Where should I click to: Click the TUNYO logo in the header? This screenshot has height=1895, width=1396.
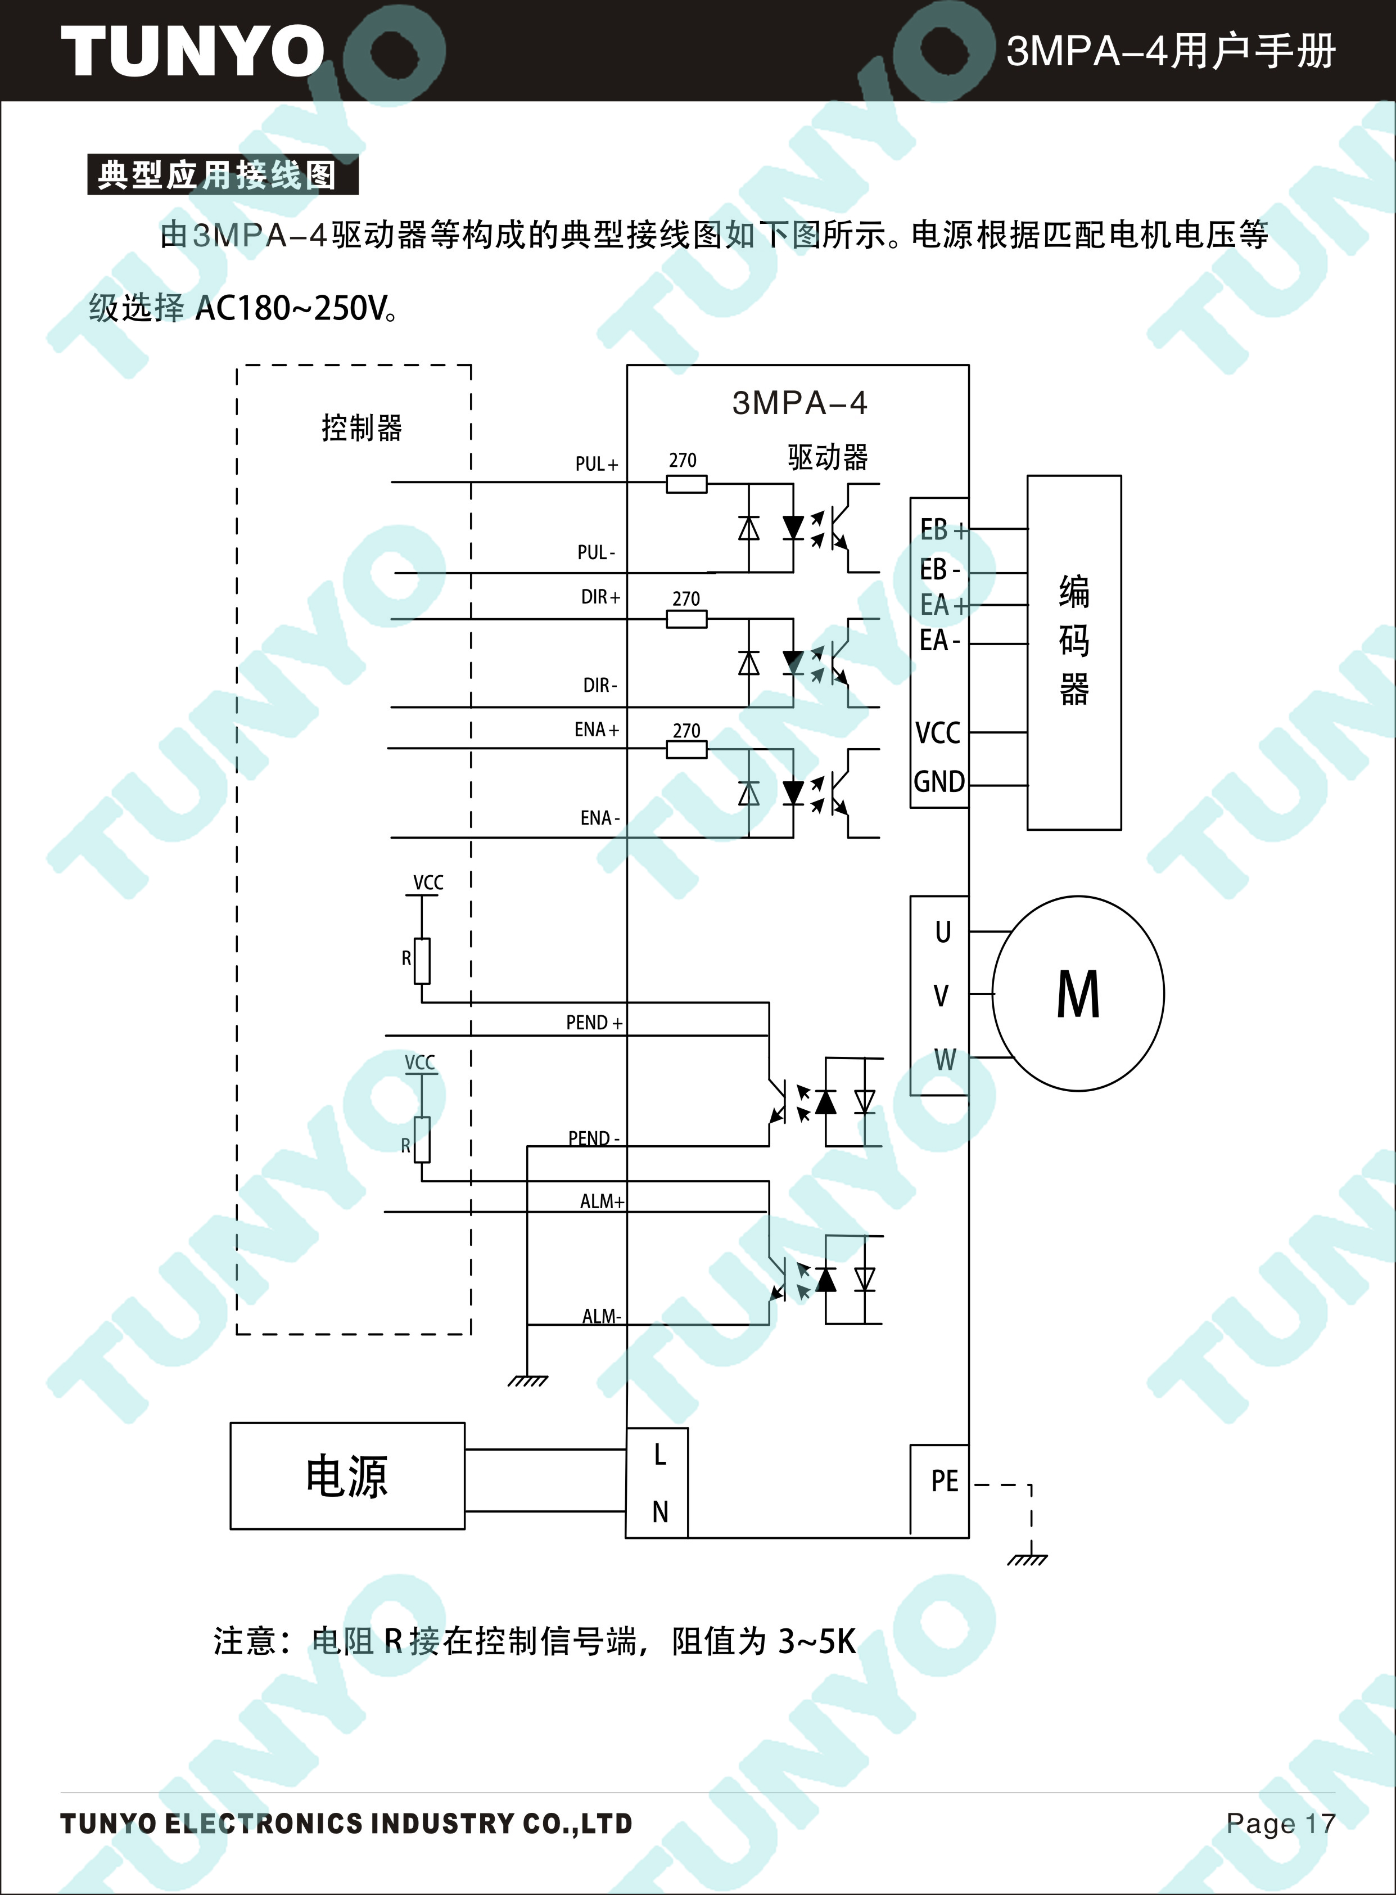[193, 51]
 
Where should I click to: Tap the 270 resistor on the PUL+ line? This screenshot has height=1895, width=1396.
[686, 484]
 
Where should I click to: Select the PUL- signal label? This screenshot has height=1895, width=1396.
[597, 552]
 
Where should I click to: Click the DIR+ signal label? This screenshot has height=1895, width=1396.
[600, 597]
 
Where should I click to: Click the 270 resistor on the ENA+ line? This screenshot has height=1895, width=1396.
[686, 749]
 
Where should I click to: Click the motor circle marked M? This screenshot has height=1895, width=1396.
[1077, 993]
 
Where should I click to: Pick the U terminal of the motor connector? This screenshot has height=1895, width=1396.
[943, 931]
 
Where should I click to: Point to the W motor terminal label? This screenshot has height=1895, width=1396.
[945, 1059]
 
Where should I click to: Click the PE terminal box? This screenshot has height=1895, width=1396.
[939, 1489]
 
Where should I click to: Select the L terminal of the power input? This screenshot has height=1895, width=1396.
[660, 1455]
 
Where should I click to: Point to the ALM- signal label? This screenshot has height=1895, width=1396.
[602, 1316]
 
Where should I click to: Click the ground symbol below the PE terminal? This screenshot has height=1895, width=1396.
[1028, 1558]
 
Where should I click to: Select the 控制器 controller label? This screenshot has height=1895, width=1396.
[362, 427]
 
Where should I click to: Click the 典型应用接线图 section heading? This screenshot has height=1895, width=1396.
[216, 175]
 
